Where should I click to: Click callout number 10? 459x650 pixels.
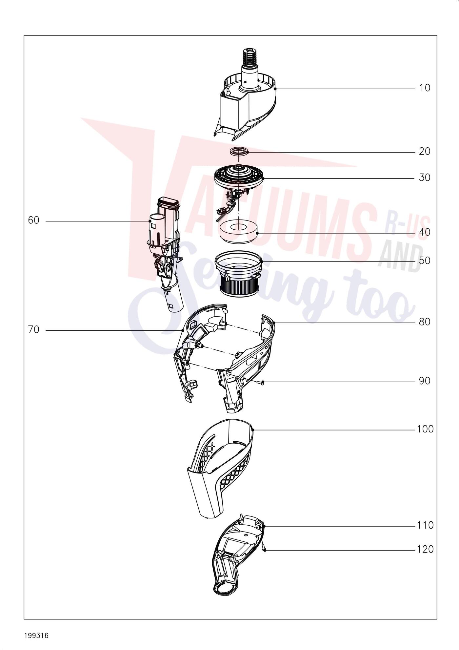pyautogui.click(x=425, y=88)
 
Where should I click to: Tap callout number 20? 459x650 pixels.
pyautogui.click(x=425, y=152)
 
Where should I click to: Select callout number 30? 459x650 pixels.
pyautogui.click(x=425, y=178)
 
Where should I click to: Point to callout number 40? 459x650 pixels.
pyautogui.click(x=425, y=232)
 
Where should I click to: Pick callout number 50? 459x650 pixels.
pyautogui.click(x=425, y=261)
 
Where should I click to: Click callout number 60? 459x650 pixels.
pyautogui.click(x=33, y=220)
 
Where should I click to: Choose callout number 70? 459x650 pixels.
pyautogui.click(x=33, y=330)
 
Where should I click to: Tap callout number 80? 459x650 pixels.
pyautogui.click(x=425, y=322)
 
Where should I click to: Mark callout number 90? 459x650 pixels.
pyautogui.click(x=425, y=381)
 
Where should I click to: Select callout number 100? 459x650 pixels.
pyautogui.click(x=425, y=429)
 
